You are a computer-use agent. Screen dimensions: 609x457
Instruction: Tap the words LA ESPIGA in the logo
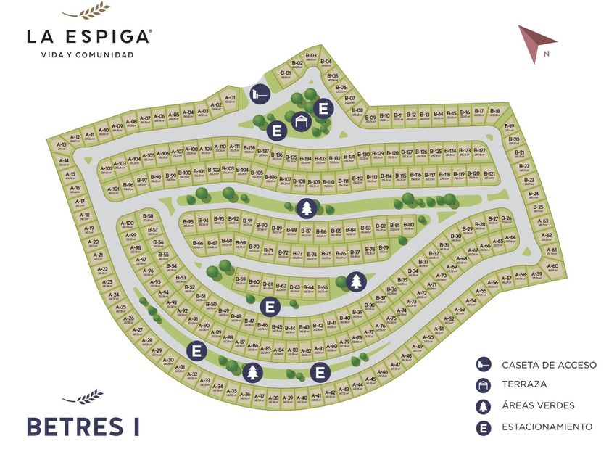coord(88,36)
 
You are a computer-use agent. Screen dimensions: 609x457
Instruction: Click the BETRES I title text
coord(83,426)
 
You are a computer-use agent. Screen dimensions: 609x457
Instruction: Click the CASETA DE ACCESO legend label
coord(549,364)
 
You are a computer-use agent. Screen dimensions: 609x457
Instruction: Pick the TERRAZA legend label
coord(524,384)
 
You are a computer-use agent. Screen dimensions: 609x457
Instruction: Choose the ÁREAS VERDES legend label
coord(538,405)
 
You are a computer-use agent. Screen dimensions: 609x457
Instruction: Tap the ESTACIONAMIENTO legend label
coord(547,427)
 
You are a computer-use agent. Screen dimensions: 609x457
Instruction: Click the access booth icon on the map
coord(260,94)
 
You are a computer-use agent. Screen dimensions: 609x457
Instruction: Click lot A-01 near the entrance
coord(230,99)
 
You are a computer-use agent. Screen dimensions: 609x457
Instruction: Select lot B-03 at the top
coord(311,57)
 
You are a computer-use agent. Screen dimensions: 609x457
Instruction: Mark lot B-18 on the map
coord(494,113)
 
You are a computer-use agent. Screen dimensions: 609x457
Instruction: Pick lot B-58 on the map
coord(148,218)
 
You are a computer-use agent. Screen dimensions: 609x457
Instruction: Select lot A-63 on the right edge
coord(543,222)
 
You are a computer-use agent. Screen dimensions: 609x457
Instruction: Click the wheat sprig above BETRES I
coord(82,397)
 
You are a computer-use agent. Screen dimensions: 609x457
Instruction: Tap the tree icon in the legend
coord(484,405)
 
